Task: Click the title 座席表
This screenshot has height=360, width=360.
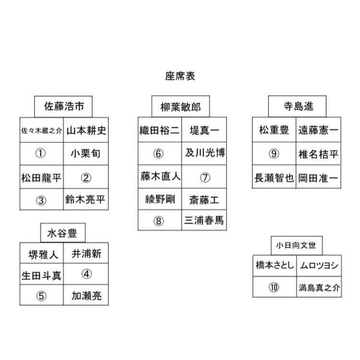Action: tap(180, 76)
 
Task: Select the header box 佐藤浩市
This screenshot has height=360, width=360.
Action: tap(63, 107)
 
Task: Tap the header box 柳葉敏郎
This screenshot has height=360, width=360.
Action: tap(180, 107)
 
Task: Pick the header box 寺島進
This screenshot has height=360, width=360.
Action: tap(297, 107)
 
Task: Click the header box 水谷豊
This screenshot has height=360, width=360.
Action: tap(63, 233)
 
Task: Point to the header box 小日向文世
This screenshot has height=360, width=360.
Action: tap(297, 245)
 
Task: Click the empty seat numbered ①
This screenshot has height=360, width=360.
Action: tap(42, 154)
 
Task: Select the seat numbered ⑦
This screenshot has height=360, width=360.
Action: tap(204, 177)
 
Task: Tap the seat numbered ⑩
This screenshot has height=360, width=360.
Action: tap(275, 287)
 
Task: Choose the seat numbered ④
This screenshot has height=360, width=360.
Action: tap(86, 274)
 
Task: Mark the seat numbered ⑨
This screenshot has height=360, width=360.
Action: tap(274, 154)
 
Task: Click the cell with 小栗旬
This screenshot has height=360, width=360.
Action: tap(86, 154)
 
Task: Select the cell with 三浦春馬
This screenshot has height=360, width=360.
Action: tap(204, 220)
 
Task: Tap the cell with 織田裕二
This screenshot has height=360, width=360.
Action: tap(160, 130)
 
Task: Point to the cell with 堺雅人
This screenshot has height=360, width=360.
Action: tap(42, 253)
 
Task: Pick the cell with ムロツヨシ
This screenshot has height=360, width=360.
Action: tap(319, 265)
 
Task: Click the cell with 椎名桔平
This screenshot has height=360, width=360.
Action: tap(318, 154)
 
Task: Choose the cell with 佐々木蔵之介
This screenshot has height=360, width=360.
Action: tap(42, 130)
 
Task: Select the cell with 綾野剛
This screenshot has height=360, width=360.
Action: tap(160, 199)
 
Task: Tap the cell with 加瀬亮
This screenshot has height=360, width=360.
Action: tap(86, 295)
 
